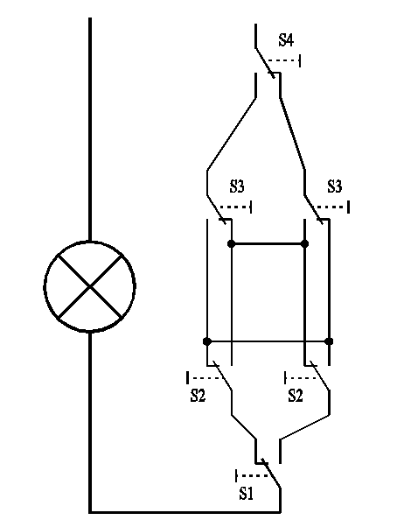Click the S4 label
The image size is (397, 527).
tap(286, 40)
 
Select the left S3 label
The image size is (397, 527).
tap(237, 186)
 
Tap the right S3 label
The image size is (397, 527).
tap(335, 186)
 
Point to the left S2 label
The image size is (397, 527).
tap(198, 396)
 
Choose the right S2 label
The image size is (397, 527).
tap(296, 396)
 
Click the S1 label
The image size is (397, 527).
tap(246, 494)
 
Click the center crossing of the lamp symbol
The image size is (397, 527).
tap(90, 286)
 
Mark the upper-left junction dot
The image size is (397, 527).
tap(231, 243)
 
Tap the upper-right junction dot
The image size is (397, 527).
tap(304, 243)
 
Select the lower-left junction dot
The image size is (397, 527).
tap(207, 341)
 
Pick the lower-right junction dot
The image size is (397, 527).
tap(329, 341)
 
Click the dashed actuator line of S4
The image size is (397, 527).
tap(282, 60)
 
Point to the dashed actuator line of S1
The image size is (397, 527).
tap(253, 475)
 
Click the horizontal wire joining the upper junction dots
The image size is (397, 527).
tap(268, 243)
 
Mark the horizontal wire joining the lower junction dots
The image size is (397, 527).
tap(268, 341)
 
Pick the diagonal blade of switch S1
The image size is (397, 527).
tap(271, 474)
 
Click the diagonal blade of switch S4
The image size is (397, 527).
tap(265, 63)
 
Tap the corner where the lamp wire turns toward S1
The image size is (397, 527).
tap(90, 512)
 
